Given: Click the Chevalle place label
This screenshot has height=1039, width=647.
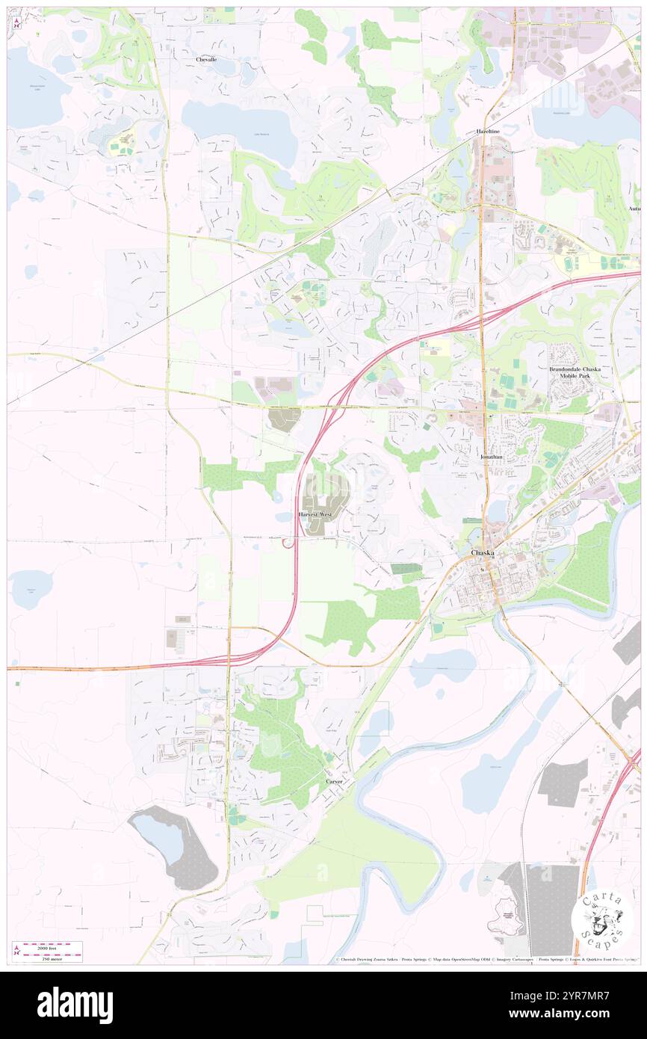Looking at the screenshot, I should tap(206, 59).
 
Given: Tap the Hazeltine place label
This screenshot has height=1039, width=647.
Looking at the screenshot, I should tap(488, 131).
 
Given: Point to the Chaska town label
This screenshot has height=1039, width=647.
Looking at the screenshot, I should tap(485, 553).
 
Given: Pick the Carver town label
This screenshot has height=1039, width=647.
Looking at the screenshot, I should tap(334, 781).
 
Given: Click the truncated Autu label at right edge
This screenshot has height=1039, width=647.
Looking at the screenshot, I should tap(634, 208).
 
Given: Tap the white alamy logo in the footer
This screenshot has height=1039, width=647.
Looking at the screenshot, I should tap(75, 1005).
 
